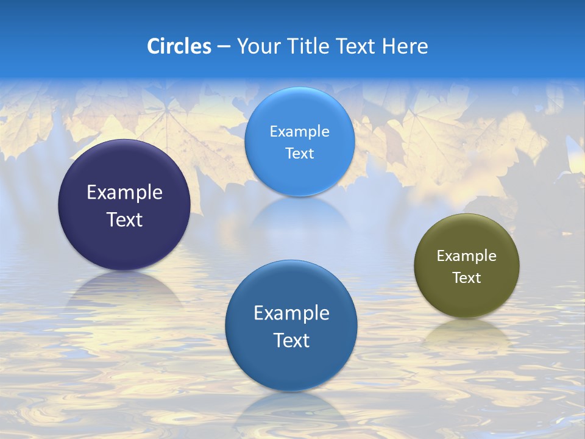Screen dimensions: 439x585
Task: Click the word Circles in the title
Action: [x=179, y=46]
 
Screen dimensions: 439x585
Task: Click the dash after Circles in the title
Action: [x=223, y=47]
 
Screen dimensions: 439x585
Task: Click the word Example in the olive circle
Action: [x=467, y=256]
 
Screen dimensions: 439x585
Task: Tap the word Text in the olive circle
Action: [x=467, y=278]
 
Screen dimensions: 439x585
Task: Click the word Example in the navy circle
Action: [x=124, y=193]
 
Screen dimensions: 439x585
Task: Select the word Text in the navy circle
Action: [x=124, y=220]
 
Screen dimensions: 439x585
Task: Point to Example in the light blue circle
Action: [x=299, y=132]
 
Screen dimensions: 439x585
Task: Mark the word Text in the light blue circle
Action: [x=299, y=154]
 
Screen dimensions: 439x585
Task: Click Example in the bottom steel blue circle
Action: [x=291, y=313]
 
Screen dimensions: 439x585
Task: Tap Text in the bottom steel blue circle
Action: [x=291, y=340]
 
